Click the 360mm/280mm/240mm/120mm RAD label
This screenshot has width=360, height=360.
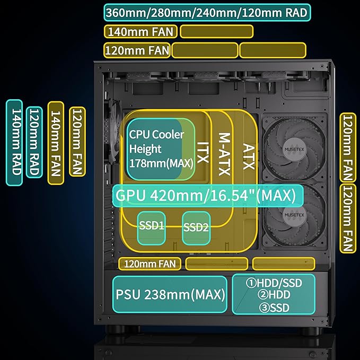click(207, 12)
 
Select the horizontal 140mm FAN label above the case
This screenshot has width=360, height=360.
click(141, 31)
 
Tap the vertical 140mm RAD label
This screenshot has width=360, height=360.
click(14, 143)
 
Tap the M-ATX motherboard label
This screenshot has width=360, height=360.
click(224, 150)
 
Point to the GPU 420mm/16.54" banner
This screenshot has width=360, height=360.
click(207, 195)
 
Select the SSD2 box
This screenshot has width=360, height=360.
click(197, 228)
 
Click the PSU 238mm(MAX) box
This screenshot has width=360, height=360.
click(170, 294)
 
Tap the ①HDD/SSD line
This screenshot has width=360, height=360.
click(274, 283)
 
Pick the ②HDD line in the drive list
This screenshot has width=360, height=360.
click(274, 295)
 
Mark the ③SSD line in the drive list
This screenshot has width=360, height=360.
click(274, 306)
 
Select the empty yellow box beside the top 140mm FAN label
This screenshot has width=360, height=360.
click(216, 31)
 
